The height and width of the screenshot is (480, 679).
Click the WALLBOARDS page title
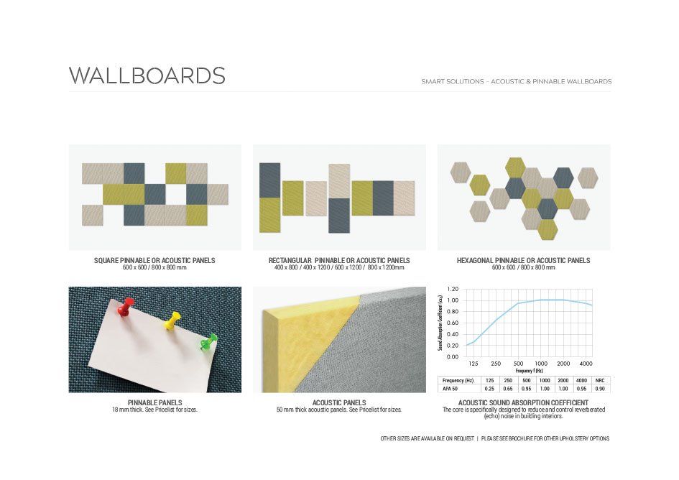147,75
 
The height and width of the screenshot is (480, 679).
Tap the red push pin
124,307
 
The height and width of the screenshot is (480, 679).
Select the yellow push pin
172,320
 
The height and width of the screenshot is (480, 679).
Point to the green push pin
208,341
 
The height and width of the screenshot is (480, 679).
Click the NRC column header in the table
600,380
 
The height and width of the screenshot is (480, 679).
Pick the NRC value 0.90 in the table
600,389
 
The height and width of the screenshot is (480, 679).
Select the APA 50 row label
450,389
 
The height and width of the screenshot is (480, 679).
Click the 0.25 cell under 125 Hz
490,389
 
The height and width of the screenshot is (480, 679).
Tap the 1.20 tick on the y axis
453,289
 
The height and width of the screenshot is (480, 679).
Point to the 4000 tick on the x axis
586,364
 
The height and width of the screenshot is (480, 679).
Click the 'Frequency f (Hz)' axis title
529,371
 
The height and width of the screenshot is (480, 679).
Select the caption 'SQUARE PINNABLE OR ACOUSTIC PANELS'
154,260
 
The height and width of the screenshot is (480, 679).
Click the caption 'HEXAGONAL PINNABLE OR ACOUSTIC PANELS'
524,260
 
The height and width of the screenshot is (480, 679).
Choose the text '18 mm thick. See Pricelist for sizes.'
154,410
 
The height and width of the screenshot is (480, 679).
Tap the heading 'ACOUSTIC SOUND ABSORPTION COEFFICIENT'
523,402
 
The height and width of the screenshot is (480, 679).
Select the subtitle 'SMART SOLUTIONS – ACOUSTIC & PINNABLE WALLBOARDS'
516,81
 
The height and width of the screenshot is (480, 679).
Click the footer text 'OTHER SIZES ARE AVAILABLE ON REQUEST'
428,438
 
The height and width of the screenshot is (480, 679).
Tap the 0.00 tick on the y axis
453,356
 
